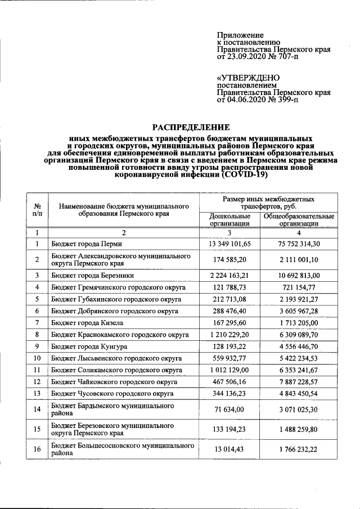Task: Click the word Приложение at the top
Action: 240,35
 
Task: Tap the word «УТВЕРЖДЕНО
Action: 248,78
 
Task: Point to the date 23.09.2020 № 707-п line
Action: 258,57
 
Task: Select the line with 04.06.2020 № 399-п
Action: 258,100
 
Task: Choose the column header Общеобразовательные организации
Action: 299,219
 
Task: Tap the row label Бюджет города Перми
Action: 86,244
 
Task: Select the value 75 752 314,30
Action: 299,244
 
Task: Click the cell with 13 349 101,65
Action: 230,244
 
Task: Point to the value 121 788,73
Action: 230,287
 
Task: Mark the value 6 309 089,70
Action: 299,334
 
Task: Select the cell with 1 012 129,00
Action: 230,370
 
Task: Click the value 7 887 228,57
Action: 299,381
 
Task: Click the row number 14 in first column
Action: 37,409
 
